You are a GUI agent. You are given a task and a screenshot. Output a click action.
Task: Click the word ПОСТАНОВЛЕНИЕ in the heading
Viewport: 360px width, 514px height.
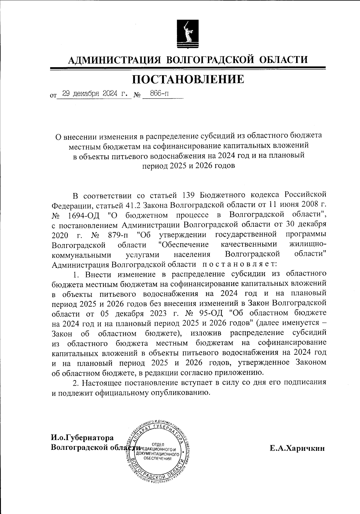tap(188, 79)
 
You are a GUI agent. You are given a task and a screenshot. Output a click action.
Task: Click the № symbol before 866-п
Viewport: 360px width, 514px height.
tap(137, 95)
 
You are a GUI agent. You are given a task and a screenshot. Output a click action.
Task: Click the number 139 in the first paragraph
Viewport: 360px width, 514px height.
tap(189, 196)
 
